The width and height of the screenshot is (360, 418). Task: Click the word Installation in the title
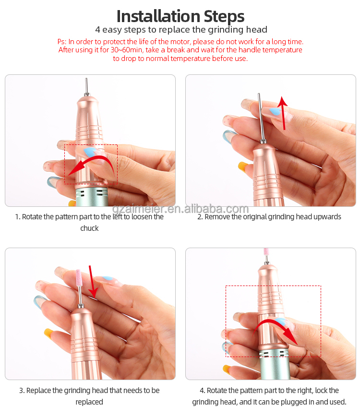pyautogui.click(x=158, y=16)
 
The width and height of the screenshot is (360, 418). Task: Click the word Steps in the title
pyautogui.click(x=224, y=16)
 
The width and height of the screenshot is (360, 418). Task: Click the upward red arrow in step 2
pyautogui.click(x=283, y=113)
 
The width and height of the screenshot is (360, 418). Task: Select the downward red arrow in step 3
pyautogui.click(x=92, y=282)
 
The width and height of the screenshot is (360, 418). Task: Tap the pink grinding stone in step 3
pyautogui.click(x=79, y=277)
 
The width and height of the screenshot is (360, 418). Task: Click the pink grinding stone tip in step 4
pyautogui.click(x=266, y=251)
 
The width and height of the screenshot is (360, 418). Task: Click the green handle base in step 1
pyautogui.click(x=92, y=197)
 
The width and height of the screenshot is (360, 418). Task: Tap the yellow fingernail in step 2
pyautogui.click(x=243, y=166)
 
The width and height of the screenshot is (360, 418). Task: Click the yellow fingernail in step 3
pyautogui.click(x=49, y=333)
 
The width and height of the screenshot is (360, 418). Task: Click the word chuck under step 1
pyautogui.click(x=89, y=228)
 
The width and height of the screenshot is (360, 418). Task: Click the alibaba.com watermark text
pyautogui.click(x=216, y=209)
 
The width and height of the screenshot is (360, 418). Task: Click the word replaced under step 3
pyautogui.click(x=89, y=402)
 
